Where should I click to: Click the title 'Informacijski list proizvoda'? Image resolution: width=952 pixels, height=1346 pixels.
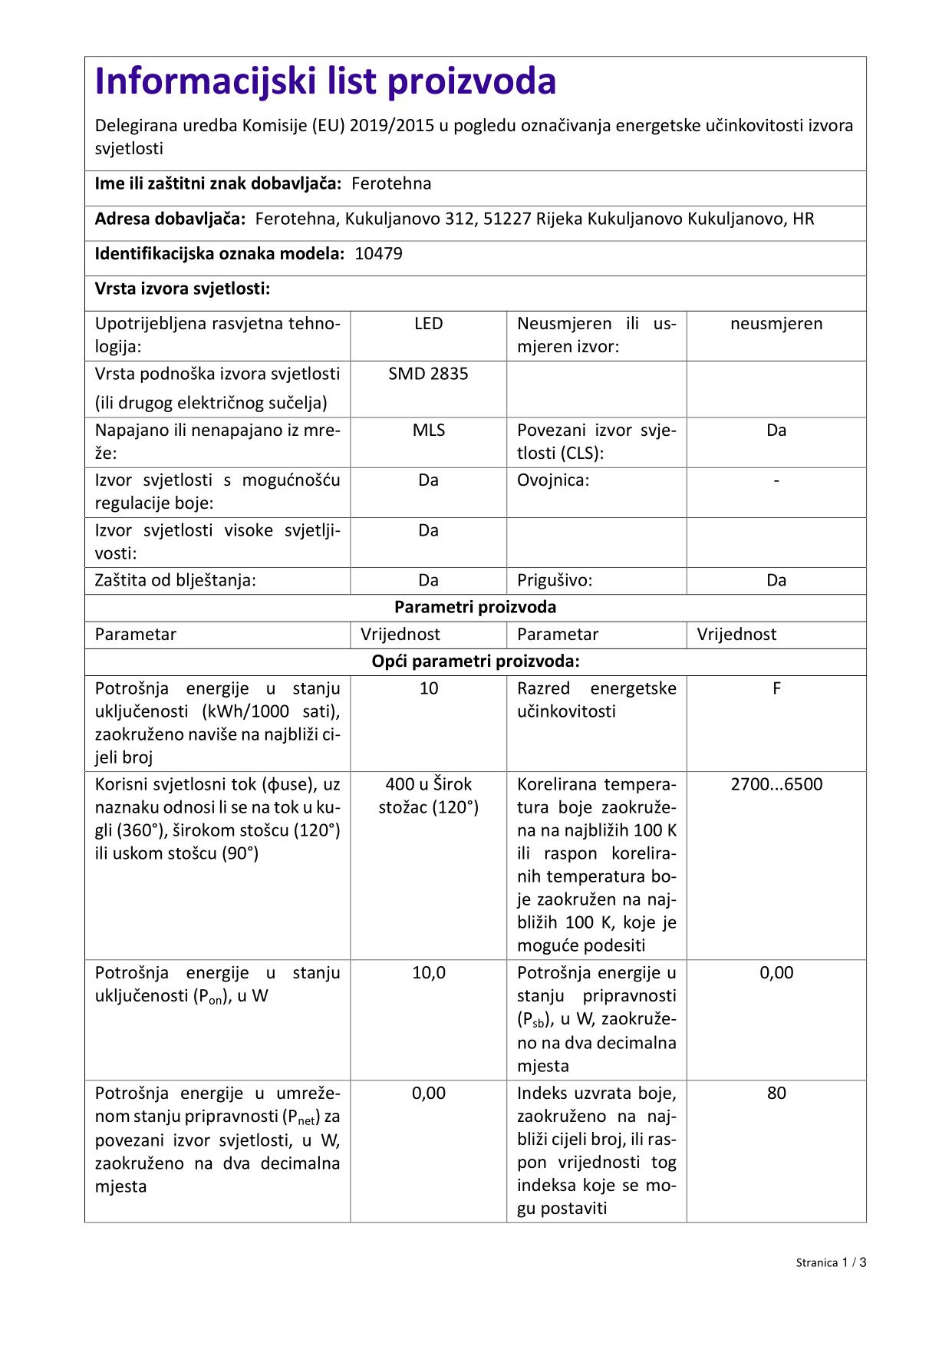325,81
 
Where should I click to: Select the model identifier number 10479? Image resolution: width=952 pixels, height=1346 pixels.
378,254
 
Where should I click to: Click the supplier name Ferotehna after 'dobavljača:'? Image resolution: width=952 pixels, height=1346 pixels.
391,183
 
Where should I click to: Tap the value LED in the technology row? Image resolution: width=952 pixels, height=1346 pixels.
428,324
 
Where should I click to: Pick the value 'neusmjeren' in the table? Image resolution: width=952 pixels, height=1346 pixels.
776,324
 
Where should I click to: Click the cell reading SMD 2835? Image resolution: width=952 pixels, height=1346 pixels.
428,374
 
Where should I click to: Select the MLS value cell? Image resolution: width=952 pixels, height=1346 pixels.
428,431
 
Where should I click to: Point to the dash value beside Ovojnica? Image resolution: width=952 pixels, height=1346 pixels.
776,480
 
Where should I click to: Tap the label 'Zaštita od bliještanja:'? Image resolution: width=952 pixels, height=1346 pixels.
175,580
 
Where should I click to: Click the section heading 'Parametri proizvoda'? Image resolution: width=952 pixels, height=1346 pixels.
475,607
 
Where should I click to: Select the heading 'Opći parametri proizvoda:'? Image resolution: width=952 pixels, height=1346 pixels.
475,661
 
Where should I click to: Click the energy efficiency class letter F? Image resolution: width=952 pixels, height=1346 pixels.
776,688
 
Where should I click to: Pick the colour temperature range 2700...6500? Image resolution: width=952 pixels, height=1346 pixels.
776,784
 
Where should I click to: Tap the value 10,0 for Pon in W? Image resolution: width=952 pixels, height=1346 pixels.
428,973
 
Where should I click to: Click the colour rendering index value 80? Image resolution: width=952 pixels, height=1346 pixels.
776,1093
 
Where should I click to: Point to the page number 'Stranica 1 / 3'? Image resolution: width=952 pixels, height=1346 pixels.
831,1262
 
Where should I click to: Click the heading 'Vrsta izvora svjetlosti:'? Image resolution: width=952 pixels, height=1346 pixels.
183,289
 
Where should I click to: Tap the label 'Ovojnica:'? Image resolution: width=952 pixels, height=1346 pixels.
553,480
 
